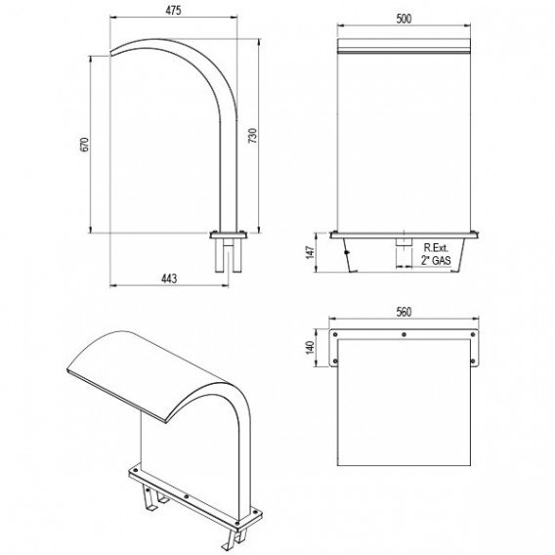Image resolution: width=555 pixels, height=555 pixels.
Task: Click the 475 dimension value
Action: tap(173, 11)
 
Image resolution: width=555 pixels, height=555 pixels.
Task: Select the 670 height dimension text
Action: tap(85, 145)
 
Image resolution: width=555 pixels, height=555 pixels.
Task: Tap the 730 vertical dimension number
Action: tap(253, 136)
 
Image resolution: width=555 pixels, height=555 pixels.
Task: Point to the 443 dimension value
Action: tap(169, 278)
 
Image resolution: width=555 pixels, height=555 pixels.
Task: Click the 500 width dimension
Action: tap(404, 19)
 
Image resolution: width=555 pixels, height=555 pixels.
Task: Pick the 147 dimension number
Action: tap(311, 252)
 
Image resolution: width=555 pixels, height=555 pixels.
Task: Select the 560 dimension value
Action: tap(404, 312)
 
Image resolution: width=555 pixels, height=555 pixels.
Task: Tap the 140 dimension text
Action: tap(310, 348)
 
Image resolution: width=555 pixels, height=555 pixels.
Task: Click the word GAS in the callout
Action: tap(442, 261)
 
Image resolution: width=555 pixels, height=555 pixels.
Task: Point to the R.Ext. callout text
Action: tap(436, 248)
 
